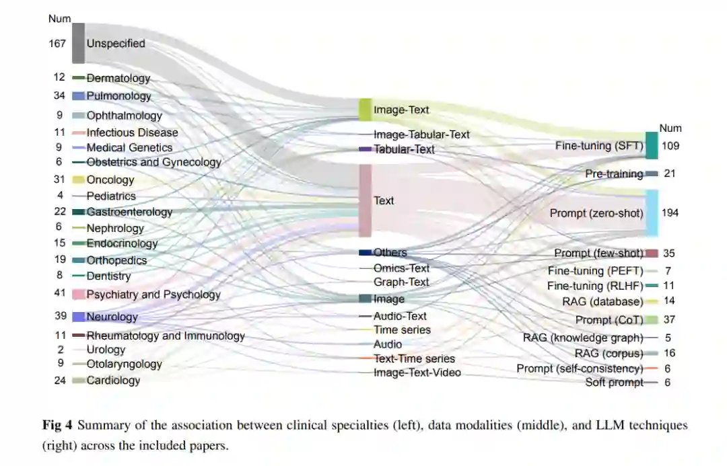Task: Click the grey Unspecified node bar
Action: pyautogui.click(x=78, y=43)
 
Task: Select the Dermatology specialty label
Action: pyautogui.click(x=118, y=78)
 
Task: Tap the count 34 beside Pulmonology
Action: pyautogui.click(x=59, y=95)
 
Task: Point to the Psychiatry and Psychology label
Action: pyautogui.click(x=153, y=295)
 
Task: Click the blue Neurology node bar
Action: pyautogui.click(x=78, y=317)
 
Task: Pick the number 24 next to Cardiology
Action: pyautogui.click(x=59, y=380)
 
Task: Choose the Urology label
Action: pyautogui.click(x=106, y=350)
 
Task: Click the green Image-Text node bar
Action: pyautogui.click(x=365, y=109)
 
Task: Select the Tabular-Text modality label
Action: pyautogui.click(x=405, y=149)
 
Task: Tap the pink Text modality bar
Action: pyautogui.click(x=365, y=200)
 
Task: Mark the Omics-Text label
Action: pyautogui.click(x=401, y=268)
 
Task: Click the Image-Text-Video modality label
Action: pyautogui.click(x=417, y=372)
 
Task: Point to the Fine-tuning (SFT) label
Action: pyautogui.click(x=599, y=145)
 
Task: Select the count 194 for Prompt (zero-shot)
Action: pyautogui.click(x=670, y=212)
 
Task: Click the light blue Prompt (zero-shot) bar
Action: pyautogui.click(x=651, y=212)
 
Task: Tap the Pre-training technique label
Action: pyautogui.click(x=614, y=173)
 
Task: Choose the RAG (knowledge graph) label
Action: pyautogui.click(x=583, y=338)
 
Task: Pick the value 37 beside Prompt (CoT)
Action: pyautogui.click(x=668, y=319)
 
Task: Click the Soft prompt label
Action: pyautogui.click(x=614, y=383)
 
